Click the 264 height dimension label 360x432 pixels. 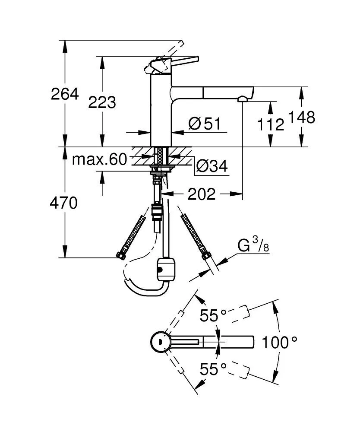pos(65,94)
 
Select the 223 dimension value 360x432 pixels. pos(102,102)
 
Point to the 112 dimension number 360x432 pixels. pos(271,125)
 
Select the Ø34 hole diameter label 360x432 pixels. pos(212,165)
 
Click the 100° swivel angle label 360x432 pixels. pos(279,343)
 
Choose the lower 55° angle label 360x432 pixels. pos(213,369)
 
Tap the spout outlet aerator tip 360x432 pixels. pos(243,99)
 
